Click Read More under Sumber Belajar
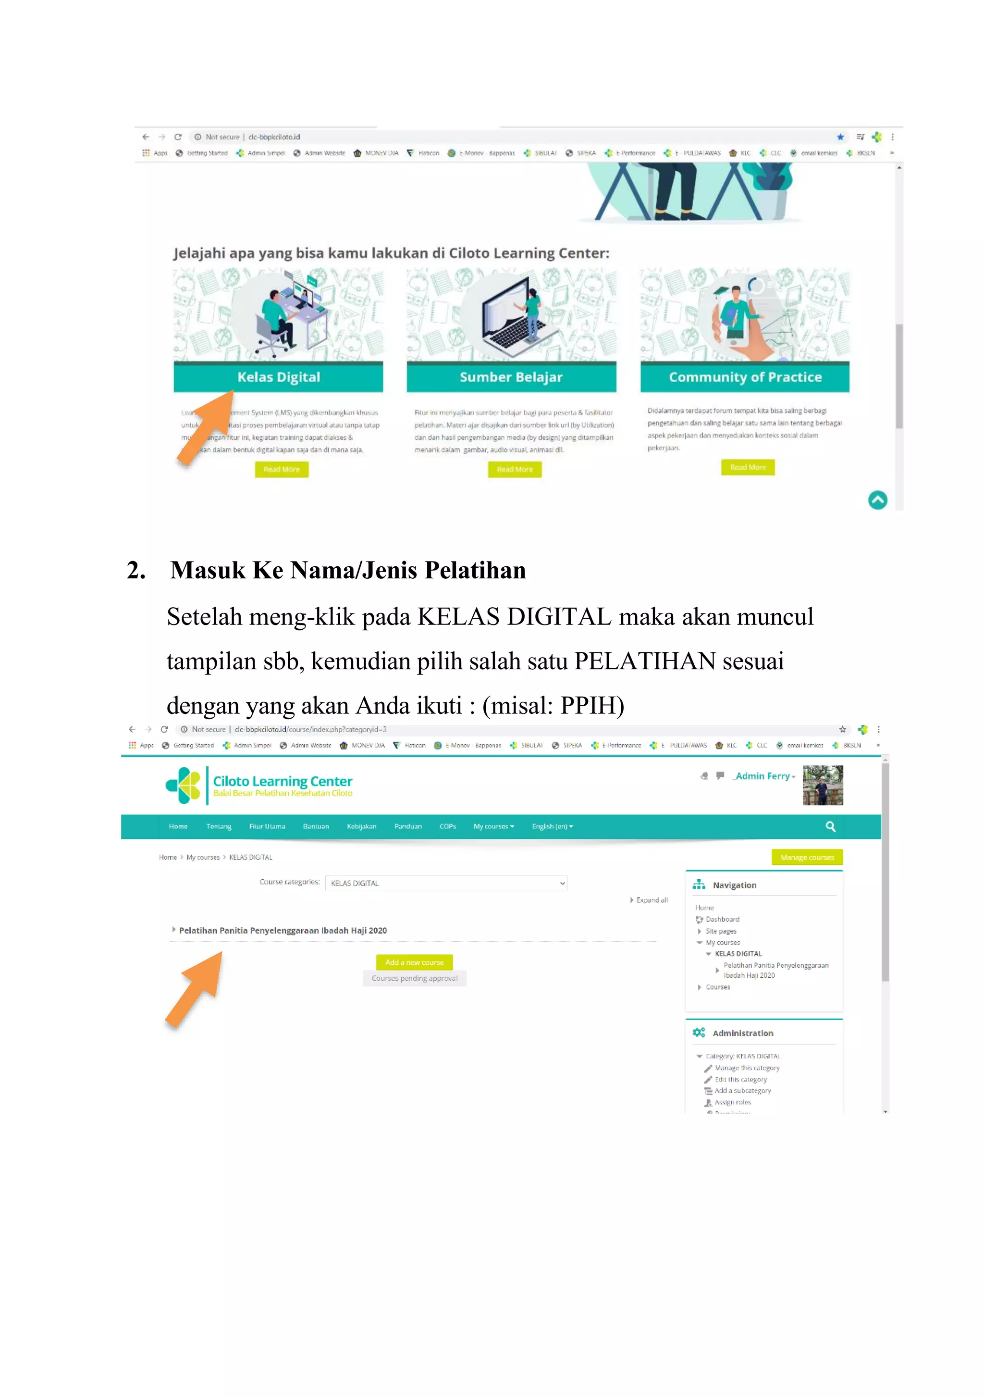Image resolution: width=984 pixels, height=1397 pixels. [x=515, y=469]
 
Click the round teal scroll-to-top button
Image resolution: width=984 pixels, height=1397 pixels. [x=877, y=500]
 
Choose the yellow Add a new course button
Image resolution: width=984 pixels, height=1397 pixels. [x=414, y=962]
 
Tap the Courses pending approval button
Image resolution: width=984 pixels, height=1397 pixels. [x=414, y=978]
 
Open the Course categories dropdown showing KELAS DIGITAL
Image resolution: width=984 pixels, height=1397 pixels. [x=446, y=883]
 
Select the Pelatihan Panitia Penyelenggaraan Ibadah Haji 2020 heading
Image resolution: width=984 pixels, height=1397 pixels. [x=283, y=930]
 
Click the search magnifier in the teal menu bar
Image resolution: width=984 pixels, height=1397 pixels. [x=830, y=826]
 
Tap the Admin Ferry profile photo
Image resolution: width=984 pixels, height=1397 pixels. [x=822, y=785]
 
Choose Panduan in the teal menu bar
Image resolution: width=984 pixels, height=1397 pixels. [x=407, y=826]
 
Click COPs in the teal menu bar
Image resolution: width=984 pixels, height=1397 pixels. [x=448, y=826]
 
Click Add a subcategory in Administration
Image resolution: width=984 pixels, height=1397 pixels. [x=742, y=1090]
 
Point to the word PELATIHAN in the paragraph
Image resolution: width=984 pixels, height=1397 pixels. [x=645, y=661]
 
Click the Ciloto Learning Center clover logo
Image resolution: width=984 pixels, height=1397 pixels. [x=183, y=785]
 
